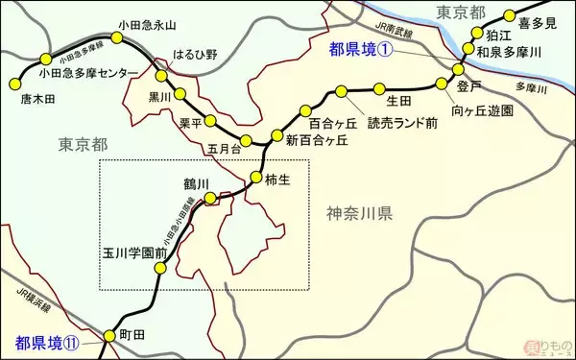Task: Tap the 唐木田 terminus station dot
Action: click(12, 81)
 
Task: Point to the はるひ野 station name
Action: click(190, 56)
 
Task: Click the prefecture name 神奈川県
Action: click(359, 213)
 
